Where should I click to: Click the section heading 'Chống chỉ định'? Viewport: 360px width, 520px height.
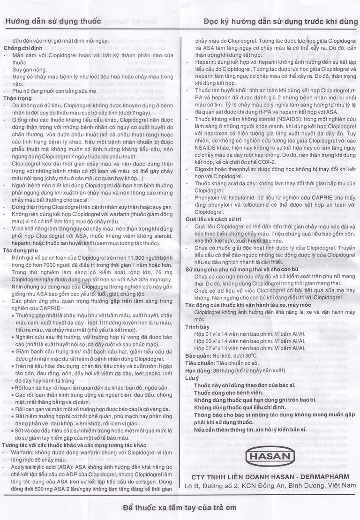pyautogui.click(x=23, y=48)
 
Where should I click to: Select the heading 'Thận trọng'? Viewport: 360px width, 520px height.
pyautogui.click(x=18, y=98)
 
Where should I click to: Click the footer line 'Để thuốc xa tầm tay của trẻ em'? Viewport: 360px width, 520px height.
pyautogui.click(x=180, y=507)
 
